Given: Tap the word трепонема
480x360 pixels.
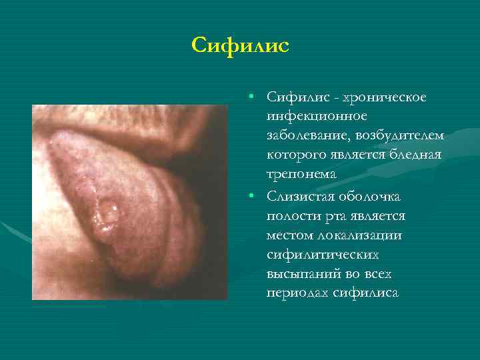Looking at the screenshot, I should point(301,173).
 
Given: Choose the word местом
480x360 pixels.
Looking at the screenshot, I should point(291,235).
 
